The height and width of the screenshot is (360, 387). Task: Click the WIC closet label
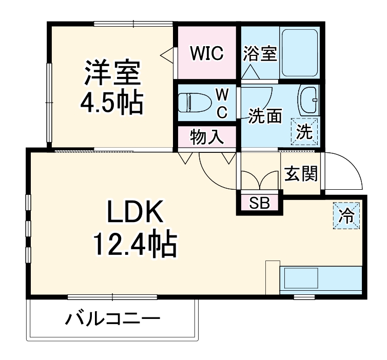click(206, 53)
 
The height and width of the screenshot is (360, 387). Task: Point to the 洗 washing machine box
click(305, 132)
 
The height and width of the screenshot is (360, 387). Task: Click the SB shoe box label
click(259, 203)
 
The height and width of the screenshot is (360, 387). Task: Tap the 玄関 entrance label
click(301, 174)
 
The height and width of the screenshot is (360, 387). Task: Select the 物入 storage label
click(206, 137)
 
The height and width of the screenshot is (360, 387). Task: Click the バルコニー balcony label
click(112, 319)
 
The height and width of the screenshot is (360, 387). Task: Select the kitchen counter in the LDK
click(321, 280)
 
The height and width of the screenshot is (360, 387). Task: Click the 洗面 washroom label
click(265, 116)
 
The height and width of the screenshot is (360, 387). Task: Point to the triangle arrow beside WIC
click(167, 53)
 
